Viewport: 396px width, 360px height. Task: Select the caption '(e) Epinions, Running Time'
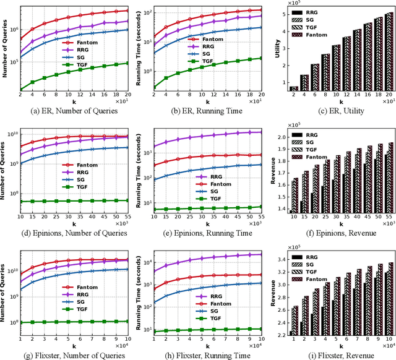coord(200,233)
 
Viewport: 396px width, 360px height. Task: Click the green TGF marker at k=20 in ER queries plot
coord(127,63)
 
